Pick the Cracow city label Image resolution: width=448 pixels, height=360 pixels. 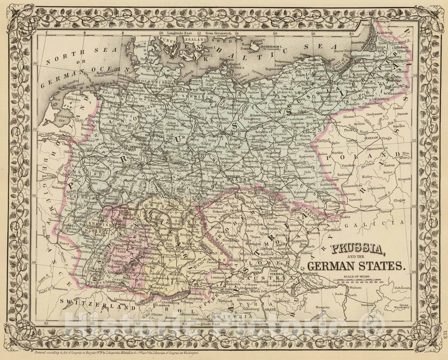coord(367,206)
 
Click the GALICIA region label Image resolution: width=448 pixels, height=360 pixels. coord(389,222)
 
